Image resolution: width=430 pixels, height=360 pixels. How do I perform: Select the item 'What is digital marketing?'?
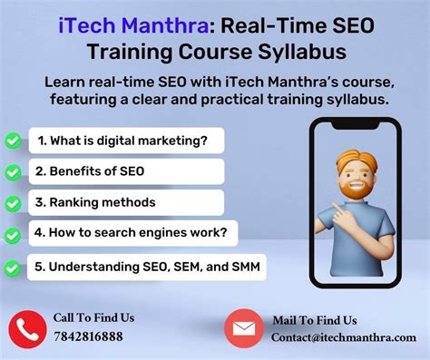tap(123, 141)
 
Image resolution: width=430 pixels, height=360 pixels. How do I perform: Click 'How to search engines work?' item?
tap(131, 233)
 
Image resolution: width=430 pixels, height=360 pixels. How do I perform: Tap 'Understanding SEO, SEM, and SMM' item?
tap(145, 267)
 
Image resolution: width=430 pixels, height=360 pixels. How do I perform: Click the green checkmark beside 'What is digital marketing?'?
tap(14, 141)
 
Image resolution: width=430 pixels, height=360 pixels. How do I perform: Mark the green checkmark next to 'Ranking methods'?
tap(14, 202)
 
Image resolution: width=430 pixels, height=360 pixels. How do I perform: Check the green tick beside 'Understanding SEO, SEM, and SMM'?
tap(14, 268)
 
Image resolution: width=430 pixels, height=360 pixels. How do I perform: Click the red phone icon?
tap(26, 327)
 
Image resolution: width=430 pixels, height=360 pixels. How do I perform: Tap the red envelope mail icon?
tap(243, 327)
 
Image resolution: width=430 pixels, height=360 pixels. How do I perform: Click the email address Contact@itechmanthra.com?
tap(343, 337)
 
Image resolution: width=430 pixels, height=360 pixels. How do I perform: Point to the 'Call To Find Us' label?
tap(93, 317)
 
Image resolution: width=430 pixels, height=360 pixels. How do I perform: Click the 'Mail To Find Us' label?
tap(315, 320)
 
